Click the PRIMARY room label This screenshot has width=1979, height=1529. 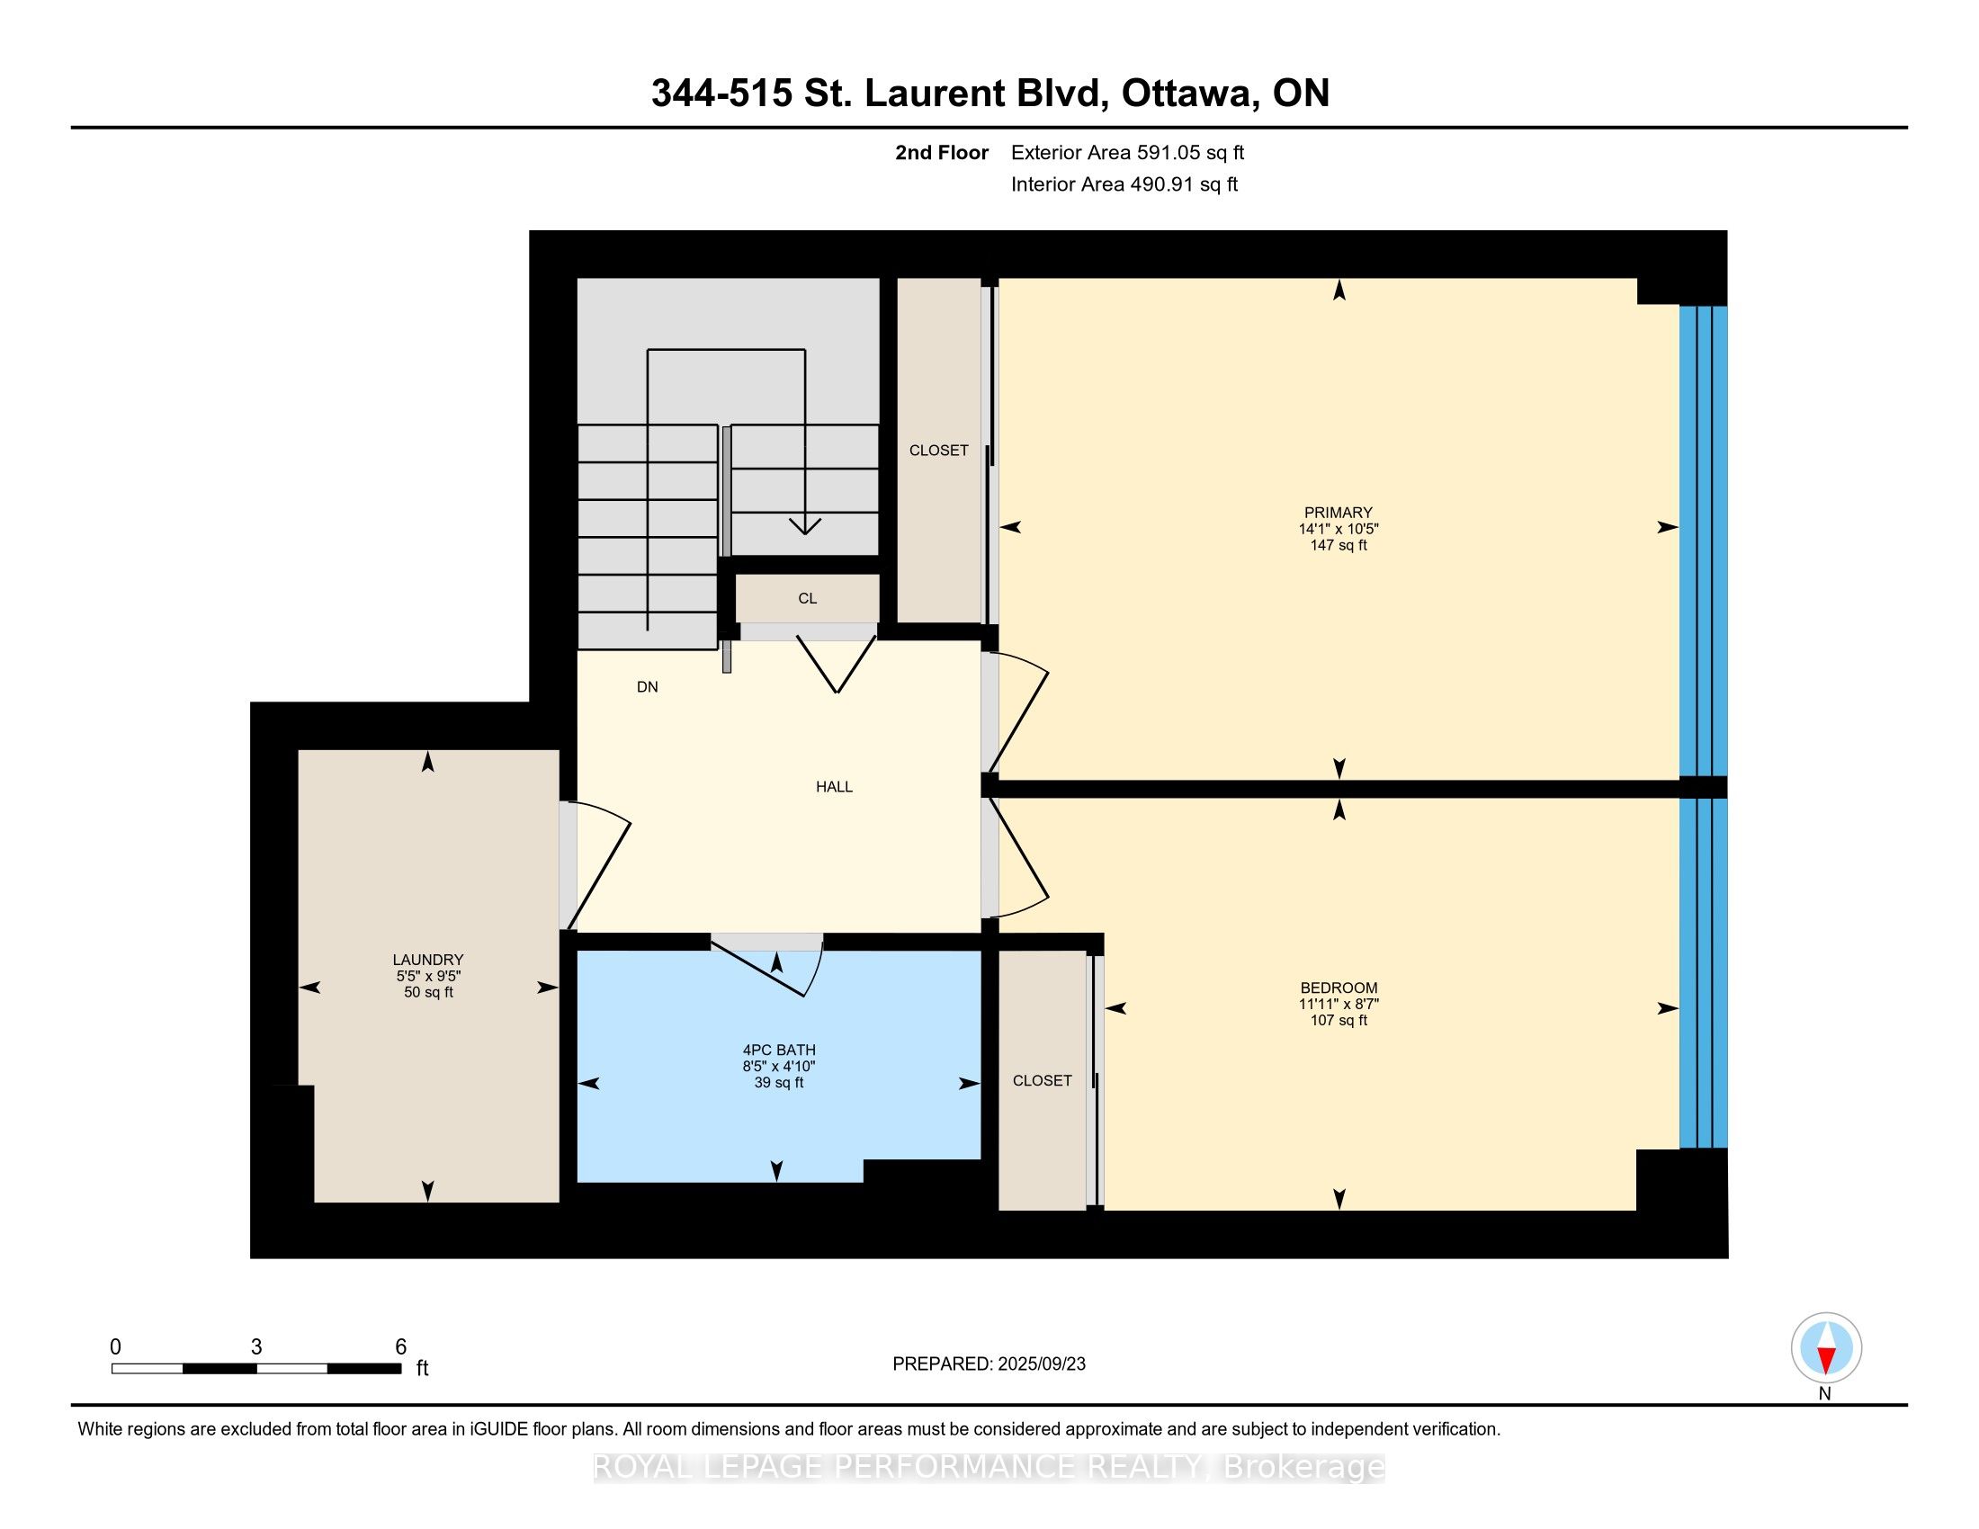[x=1339, y=513]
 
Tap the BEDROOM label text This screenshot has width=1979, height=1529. [x=1339, y=988]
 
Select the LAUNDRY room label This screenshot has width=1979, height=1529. [x=427, y=960]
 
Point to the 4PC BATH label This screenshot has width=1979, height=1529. [x=778, y=1051]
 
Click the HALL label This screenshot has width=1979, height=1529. [x=834, y=787]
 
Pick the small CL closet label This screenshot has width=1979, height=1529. [x=808, y=599]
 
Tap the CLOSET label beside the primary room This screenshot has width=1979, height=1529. [x=939, y=451]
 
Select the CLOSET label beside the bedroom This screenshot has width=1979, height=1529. [x=1042, y=1080]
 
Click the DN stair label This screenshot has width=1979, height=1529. [x=647, y=687]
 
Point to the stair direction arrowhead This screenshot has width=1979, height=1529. [x=805, y=525]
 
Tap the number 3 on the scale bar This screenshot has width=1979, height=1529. [x=256, y=1347]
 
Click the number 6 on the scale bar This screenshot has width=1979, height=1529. [x=400, y=1347]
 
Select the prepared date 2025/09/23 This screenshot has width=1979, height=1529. [x=1041, y=1364]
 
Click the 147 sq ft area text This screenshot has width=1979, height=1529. [x=1339, y=545]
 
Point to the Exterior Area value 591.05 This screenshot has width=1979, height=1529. [x=1166, y=153]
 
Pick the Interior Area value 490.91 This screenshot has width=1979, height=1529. [x=1159, y=184]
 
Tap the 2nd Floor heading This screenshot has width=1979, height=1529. [x=942, y=153]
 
